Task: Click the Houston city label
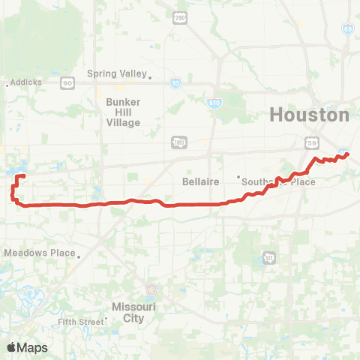tap(309, 115)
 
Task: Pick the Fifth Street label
tap(82, 322)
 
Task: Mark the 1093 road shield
tap(178, 141)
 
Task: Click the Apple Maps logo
tap(27, 347)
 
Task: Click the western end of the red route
tap(25, 176)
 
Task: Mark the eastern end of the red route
tap(348, 154)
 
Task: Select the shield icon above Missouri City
tap(152, 289)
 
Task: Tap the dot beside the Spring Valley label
tap(150, 76)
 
